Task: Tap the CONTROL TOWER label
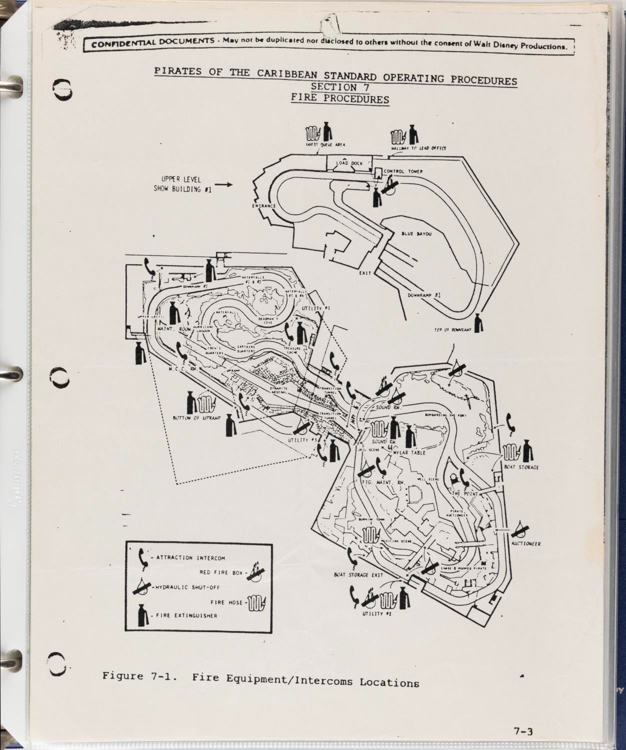tap(403, 171)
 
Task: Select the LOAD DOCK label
tap(349, 163)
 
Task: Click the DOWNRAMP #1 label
tap(424, 295)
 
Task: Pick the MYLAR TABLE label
tap(409, 452)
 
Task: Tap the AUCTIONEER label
tap(526, 543)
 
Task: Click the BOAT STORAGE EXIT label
tap(358, 575)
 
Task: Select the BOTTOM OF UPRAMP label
tap(196, 418)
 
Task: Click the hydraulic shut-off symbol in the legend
tap(143, 586)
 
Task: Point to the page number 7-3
tap(524, 732)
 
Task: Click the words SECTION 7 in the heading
tap(340, 88)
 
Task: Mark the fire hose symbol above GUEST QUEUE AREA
tap(311, 131)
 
